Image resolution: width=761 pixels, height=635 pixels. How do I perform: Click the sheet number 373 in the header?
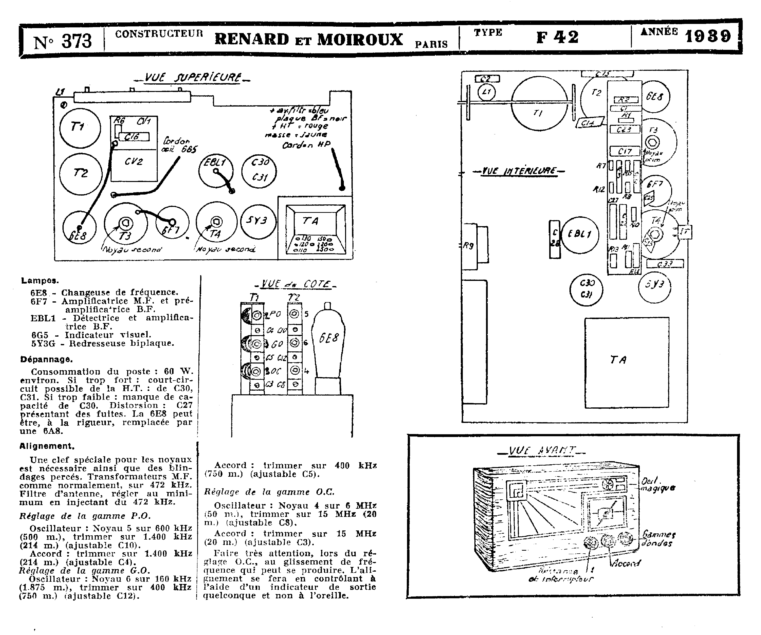(x=77, y=41)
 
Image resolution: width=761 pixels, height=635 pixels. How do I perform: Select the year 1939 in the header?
(x=707, y=36)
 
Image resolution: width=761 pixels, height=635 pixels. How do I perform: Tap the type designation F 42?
(x=557, y=37)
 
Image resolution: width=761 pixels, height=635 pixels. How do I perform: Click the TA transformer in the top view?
(x=315, y=228)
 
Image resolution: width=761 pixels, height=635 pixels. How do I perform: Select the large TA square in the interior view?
(x=626, y=363)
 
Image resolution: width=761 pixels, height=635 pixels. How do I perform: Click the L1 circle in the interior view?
(x=486, y=92)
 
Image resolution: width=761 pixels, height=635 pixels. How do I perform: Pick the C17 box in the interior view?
(x=625, y=151)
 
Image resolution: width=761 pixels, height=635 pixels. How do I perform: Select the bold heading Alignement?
(x=47, y=446)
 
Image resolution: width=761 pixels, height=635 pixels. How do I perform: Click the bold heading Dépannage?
(x=46, y=360)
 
